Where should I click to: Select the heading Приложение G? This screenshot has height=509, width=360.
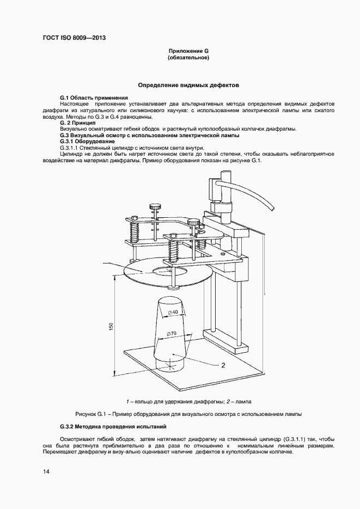click(188, 51)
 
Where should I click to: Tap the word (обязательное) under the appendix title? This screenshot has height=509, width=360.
click(188, 57)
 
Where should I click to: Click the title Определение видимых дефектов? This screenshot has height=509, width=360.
click(188, 85)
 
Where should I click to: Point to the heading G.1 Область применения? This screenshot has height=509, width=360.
click(94, 97)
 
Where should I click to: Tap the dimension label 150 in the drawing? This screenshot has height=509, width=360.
click(111, 326)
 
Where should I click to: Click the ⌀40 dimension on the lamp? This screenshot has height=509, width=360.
click(173, 312)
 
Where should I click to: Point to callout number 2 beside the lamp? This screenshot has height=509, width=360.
click(223, 365)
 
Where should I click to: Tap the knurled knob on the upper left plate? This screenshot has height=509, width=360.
click(155, 206)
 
